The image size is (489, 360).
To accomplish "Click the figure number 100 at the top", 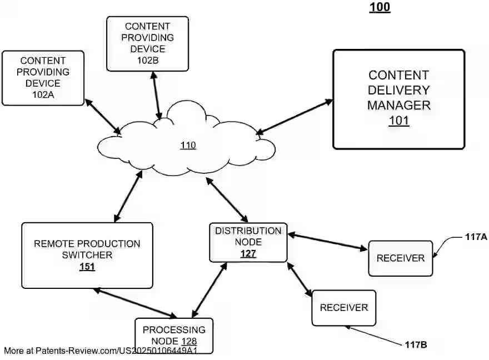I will coord(380,7).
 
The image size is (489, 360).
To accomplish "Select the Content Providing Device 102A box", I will coord(43,78).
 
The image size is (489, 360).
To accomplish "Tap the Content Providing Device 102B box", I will coord(148,43).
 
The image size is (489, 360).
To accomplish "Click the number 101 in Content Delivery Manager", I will coord(398,121).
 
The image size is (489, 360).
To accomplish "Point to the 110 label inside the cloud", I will coord(188,146).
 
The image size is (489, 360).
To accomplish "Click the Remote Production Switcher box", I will coord(87,255).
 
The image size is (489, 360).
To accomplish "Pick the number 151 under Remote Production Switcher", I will coord(87,267).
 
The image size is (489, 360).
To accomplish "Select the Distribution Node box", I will coord(248,242).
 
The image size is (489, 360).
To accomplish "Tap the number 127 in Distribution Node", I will coord(248,254).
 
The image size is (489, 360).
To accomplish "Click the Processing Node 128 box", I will coord(173,335).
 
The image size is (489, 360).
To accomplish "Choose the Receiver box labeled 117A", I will coord(400,258).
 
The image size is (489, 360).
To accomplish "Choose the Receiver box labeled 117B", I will coord(343,308).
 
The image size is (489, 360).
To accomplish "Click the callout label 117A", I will coord(476,237).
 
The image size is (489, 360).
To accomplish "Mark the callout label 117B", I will coord(416,345).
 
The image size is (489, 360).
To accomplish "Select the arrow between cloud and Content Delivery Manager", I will coord(295,117).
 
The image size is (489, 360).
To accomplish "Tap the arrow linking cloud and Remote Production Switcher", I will coord(128,197).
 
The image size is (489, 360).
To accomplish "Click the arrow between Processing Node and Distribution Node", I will coord(209,290).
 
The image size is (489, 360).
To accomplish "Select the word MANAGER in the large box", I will coord(398,105).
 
